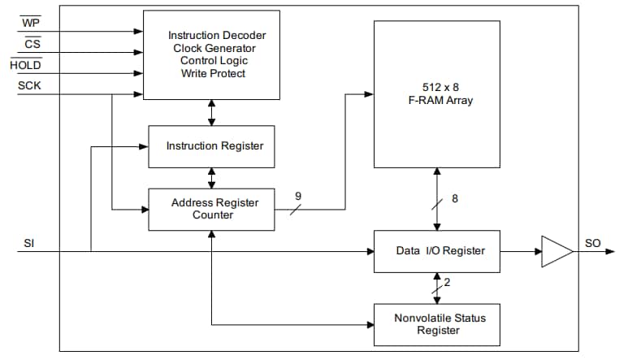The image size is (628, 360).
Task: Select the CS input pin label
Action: [x=32, y=44]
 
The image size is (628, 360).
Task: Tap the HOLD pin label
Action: [x=25, y=65]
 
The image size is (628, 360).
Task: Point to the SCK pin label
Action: [x=29, y=85]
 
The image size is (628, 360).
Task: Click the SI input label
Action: [x=29, y=243]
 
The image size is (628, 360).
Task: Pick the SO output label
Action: [x=592, y=243]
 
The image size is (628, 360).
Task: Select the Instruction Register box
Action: [x=211, y=146]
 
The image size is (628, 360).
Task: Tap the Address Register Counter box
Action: [x=211, y=209]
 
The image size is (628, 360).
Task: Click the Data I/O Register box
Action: [x=436, y=250]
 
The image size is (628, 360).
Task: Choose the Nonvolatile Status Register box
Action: [x=436, y=324]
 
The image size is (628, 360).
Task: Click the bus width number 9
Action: [x=298, y=195]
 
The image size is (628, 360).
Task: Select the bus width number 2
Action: [x=447, y=282]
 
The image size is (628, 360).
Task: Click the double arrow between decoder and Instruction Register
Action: [x=212, y=112]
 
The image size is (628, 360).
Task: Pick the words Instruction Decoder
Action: [x=217, y=35]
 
